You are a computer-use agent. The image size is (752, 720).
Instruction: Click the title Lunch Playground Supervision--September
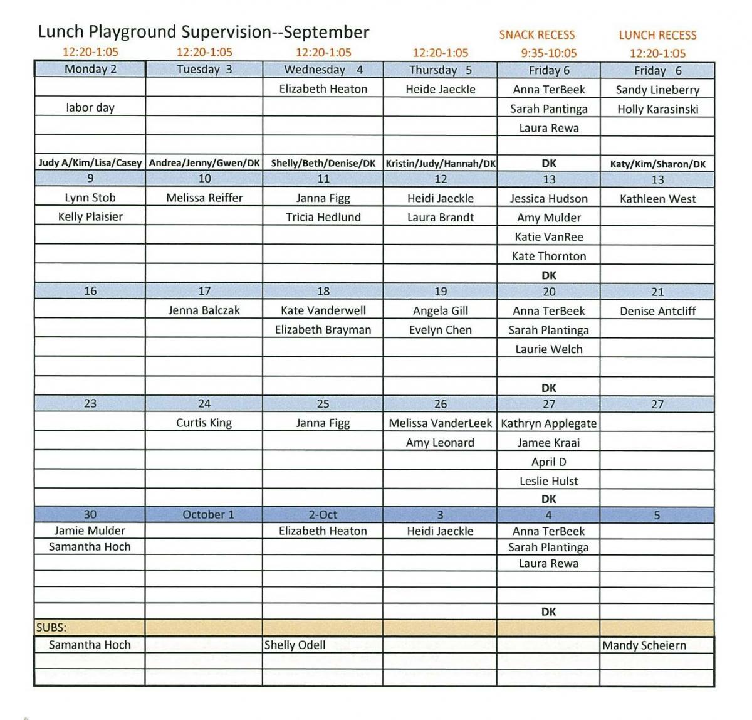click(204, 32)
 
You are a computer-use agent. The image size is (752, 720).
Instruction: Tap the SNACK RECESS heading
click(536, 35)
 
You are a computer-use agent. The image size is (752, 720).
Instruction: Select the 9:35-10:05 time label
click(548, 53)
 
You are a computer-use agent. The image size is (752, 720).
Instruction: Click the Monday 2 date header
click(90, 69)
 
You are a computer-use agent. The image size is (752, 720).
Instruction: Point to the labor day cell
click(90, 107)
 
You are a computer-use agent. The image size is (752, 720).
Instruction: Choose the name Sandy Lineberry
click(657, 90)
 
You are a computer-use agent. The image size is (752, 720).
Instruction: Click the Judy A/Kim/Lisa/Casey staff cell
click(90, 163)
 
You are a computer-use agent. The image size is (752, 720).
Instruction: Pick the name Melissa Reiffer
click(204, 198)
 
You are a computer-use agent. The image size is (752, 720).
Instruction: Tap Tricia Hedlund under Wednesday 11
click(323, 217)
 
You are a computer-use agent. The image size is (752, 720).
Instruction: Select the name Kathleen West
click(657, 199)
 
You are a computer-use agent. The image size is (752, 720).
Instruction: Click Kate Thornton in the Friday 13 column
click(548, 256)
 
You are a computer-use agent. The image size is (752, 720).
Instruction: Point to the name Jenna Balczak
click(204, 310)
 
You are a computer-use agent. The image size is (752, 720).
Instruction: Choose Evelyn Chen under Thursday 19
click(440, 330)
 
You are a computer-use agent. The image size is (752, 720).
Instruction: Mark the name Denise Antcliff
click(657, 311)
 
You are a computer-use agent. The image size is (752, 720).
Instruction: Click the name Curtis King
click(204, 423)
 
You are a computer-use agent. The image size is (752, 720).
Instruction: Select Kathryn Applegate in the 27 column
click(548, 423)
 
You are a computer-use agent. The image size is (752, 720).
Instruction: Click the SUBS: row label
click(51, 627)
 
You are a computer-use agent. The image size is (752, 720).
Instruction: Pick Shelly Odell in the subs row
click(295, 645)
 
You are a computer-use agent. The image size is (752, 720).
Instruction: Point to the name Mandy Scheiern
click(644, 645)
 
